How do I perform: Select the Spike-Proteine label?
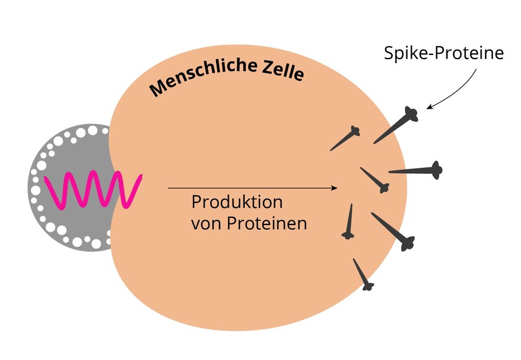[x=443, y=53]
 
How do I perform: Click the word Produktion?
[x=236, y=202]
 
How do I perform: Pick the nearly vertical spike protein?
[x=349, y=221]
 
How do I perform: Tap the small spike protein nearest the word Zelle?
[x=346, y=139]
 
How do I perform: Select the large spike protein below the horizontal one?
[x=393, y=230]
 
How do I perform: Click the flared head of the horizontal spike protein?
[x=436, y=170]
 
